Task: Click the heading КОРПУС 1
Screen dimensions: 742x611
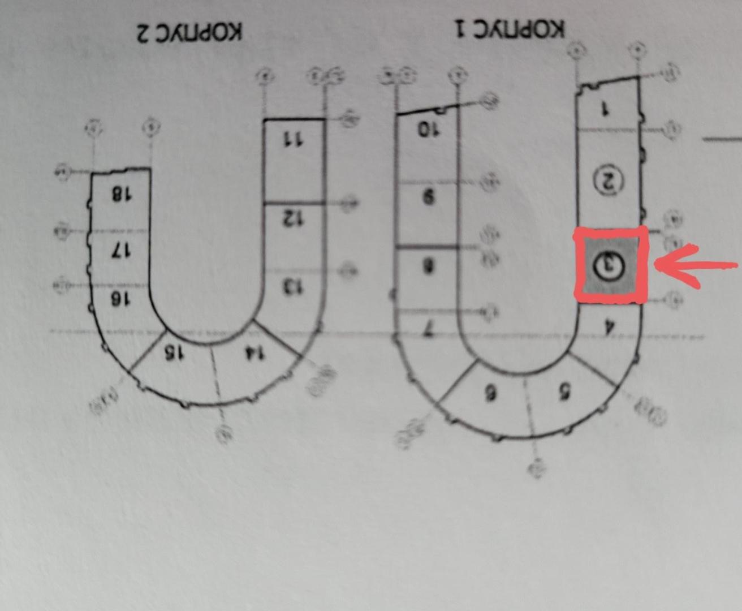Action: [x=510, y=28]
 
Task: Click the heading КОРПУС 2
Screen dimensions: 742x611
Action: [x=189, y=32]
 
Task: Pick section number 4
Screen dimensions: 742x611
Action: [x=609, y=326]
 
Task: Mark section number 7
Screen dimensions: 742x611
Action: [x=429, y=332]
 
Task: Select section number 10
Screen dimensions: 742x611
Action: [x=428, y=129]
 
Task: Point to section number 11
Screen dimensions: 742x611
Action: [x=292, y=140]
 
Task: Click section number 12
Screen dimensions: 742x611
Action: [x=293, y=218]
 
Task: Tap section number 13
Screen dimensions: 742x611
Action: [x=292, y=287]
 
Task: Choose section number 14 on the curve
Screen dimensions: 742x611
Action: [x=254, y=353]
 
